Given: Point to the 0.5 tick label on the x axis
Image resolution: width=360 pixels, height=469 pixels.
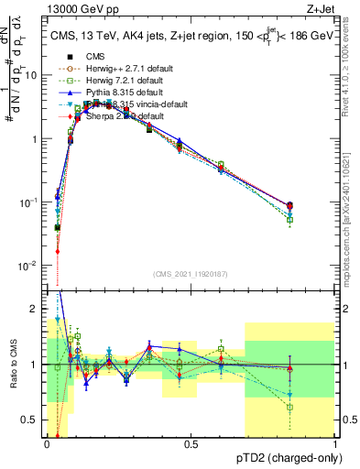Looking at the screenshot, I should [x=191, y=443].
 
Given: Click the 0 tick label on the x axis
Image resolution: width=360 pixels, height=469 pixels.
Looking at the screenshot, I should [x=47, y=443].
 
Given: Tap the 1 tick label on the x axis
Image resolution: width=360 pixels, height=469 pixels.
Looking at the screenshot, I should [x=335, y=443].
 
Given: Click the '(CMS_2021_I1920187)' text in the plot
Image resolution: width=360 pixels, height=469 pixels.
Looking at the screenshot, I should [x=191, y=274].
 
